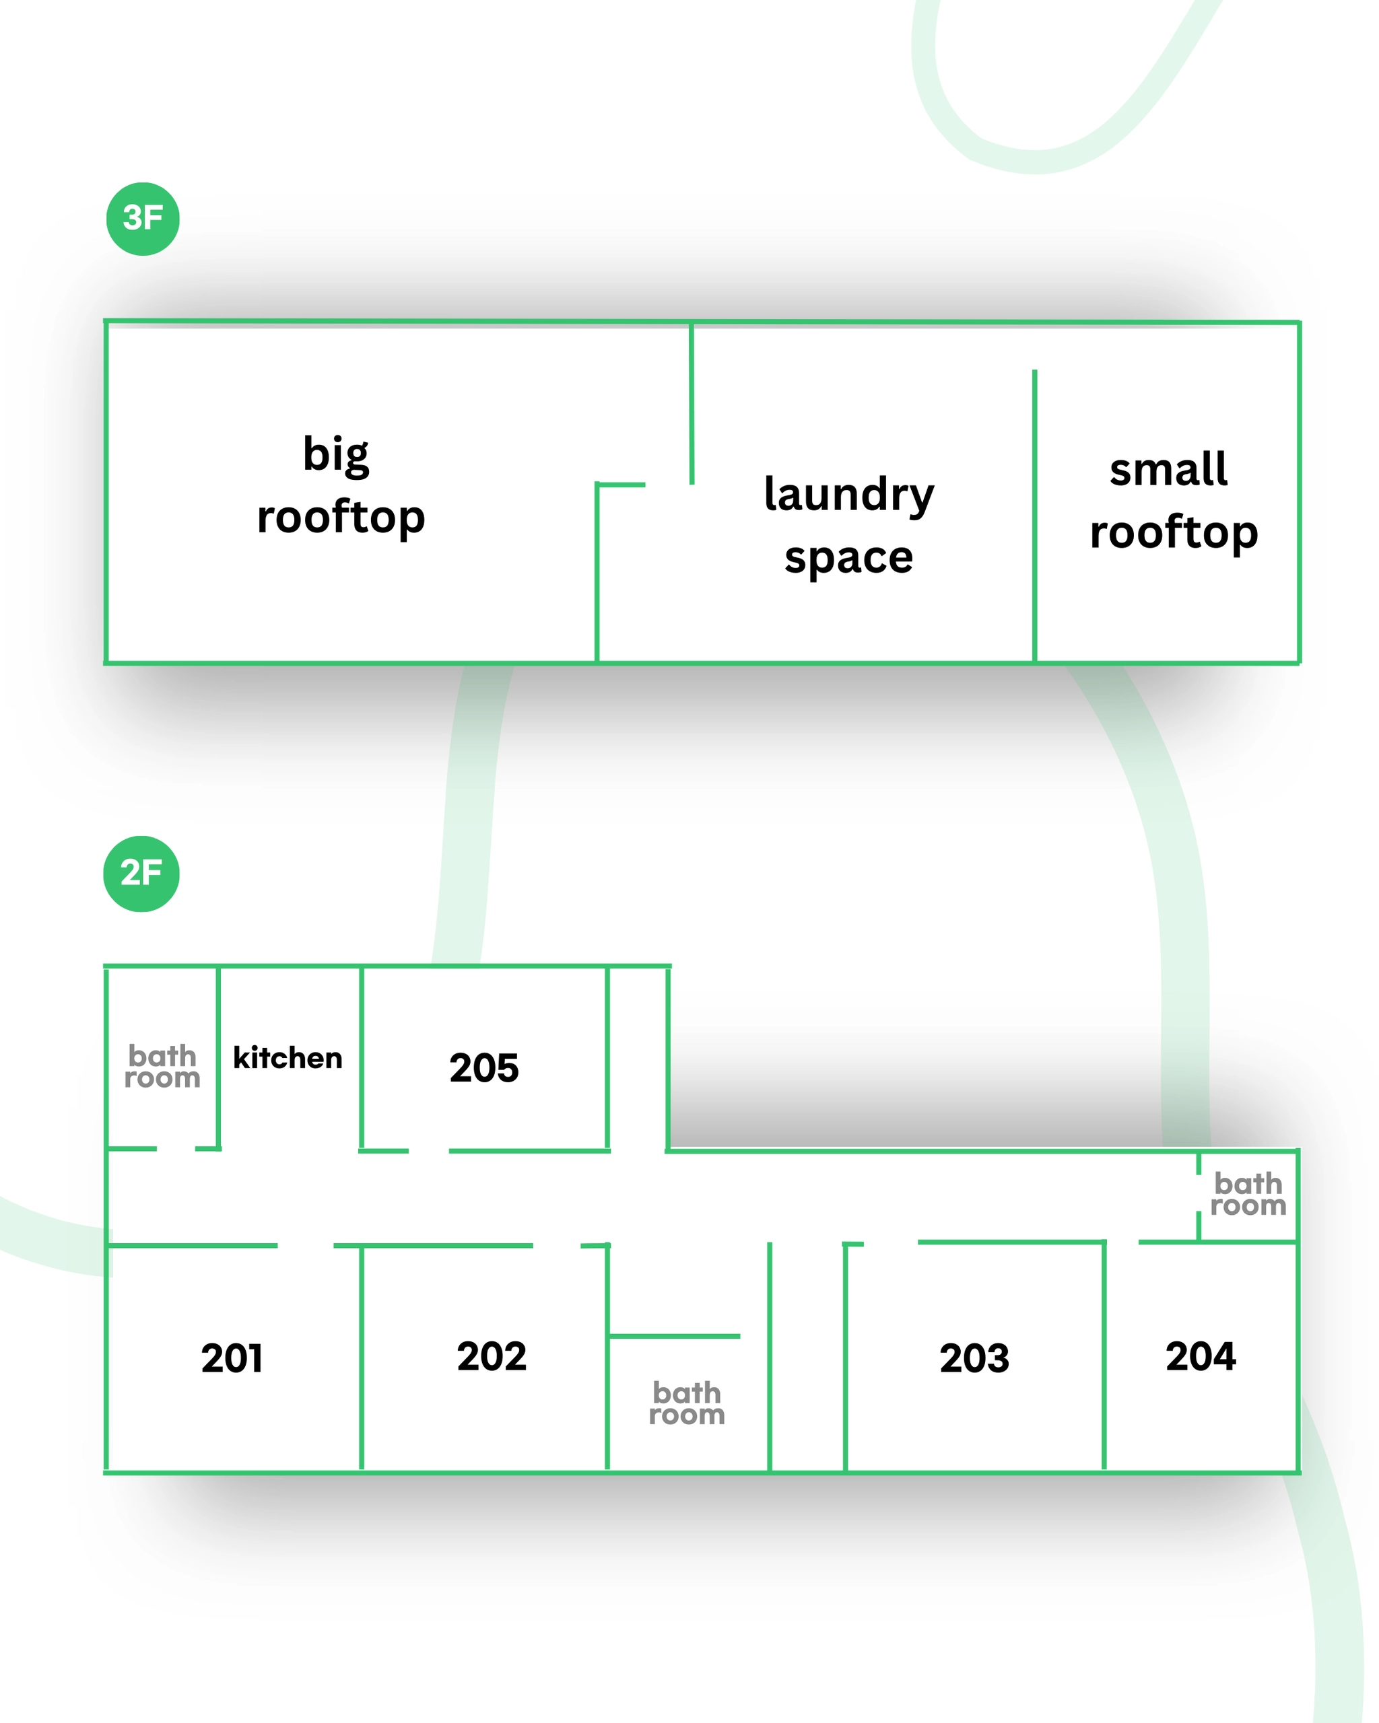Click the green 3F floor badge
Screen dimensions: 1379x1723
(x=143, y=219)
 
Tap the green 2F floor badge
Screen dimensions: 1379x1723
(x=141, y=874)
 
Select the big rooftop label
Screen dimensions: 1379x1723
(x=340, y=486)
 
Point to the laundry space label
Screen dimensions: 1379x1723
(x=848, y=525)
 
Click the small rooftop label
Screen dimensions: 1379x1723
(x=1173, y=500)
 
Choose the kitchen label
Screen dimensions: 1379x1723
(x=288, y=1058)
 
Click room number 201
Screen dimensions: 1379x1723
(x=232, y=1359)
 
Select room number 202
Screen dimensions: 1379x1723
(x=492, y=1356)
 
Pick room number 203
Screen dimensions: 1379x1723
(x=974, y=1359)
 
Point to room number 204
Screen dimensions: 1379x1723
(x=1200, y=1356)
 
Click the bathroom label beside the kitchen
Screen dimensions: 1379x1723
(x=162, y=1067)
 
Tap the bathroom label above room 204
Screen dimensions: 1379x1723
(x=1248, y=1194)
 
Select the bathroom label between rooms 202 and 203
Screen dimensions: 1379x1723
(x=687, y=1403)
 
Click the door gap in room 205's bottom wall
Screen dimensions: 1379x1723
(x=428, y=1151)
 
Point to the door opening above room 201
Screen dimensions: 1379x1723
(x=306, y=1245)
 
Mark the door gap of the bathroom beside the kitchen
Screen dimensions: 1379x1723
(x=176, y=1148)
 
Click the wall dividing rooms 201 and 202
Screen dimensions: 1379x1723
(x=362, y=1359)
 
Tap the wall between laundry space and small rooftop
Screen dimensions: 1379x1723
(x=1034, y=516)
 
